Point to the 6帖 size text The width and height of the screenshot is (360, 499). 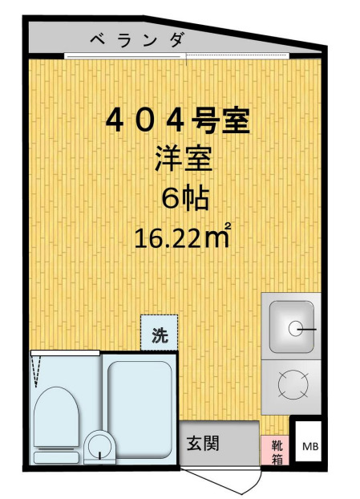point(184,197)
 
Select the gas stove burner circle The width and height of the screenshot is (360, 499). point(289,384)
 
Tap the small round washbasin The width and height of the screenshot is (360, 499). point(99,447)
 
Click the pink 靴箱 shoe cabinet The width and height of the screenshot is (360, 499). point(274,450)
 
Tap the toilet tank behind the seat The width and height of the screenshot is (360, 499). point(56,456)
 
